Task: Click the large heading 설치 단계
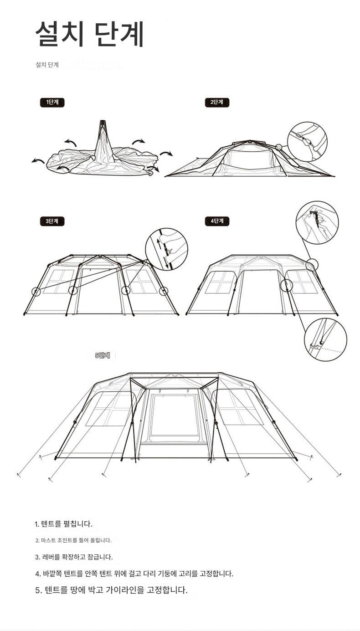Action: coord(90,34)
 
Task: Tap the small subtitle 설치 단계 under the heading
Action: coord(47,65)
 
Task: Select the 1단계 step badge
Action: coord(52,102)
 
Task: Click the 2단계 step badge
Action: coord(217,102)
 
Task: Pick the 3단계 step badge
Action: coord(52,221)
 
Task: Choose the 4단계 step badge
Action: coord(217,221)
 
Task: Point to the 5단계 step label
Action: coord(103,355)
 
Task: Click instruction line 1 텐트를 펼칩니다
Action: coord(64,524)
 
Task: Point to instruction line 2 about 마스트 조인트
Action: coord(73,540)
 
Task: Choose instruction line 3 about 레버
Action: coord(74,557)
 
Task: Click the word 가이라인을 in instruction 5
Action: coord(125,590)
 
